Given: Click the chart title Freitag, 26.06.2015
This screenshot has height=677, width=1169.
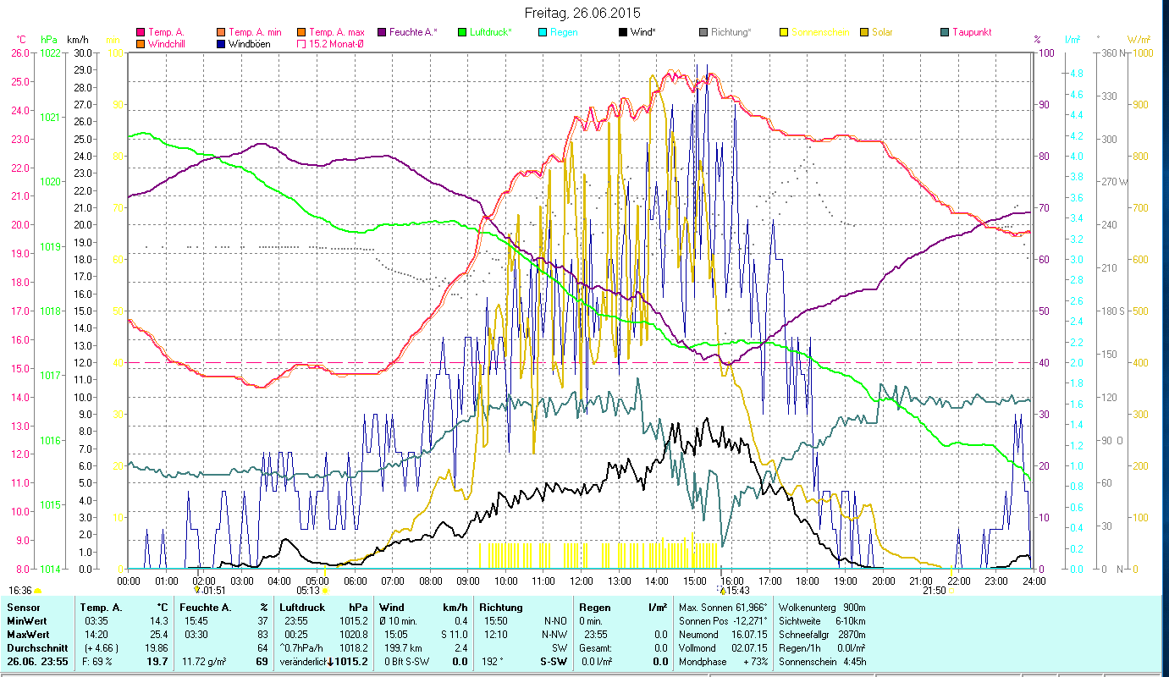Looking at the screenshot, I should click(x=582, y=13).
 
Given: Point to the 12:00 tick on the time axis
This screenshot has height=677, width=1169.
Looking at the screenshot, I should click(x=581, y=581).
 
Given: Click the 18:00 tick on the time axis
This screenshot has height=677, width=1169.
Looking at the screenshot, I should click(x=808, y=581).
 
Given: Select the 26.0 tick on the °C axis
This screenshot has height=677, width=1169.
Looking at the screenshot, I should click(x=20, y=52).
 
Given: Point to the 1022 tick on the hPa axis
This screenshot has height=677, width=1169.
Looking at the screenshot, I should click(x=50, y=52).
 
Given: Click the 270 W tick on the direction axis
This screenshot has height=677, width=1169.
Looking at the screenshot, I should click(x=1112, y=181).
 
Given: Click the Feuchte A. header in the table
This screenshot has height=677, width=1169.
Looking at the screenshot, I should click(x=204, y=608).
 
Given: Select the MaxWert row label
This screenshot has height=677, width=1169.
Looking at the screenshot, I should click(x=27, y=634).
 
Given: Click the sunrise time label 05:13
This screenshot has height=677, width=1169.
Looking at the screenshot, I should click(x=308, y=590).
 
